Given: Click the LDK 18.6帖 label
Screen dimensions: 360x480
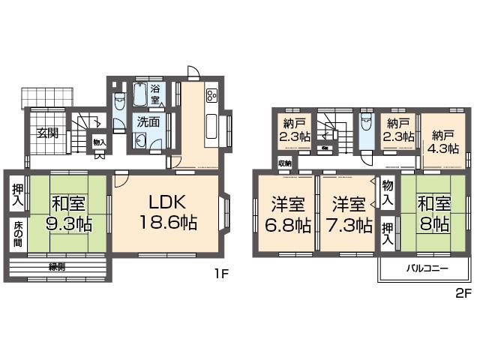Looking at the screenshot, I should coord(166,212).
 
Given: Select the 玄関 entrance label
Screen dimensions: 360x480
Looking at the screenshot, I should coord(49,135).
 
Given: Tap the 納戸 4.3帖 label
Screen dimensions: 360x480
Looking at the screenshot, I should coord(442,142).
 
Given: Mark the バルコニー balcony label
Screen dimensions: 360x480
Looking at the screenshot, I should coord(427,268).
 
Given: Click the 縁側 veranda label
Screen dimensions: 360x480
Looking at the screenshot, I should coord(58,266).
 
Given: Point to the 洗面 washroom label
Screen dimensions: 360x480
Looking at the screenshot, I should coord(148,121).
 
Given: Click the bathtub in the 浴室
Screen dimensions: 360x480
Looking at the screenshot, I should coord(139,95).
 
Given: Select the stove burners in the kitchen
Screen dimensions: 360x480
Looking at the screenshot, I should coord(211,95).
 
